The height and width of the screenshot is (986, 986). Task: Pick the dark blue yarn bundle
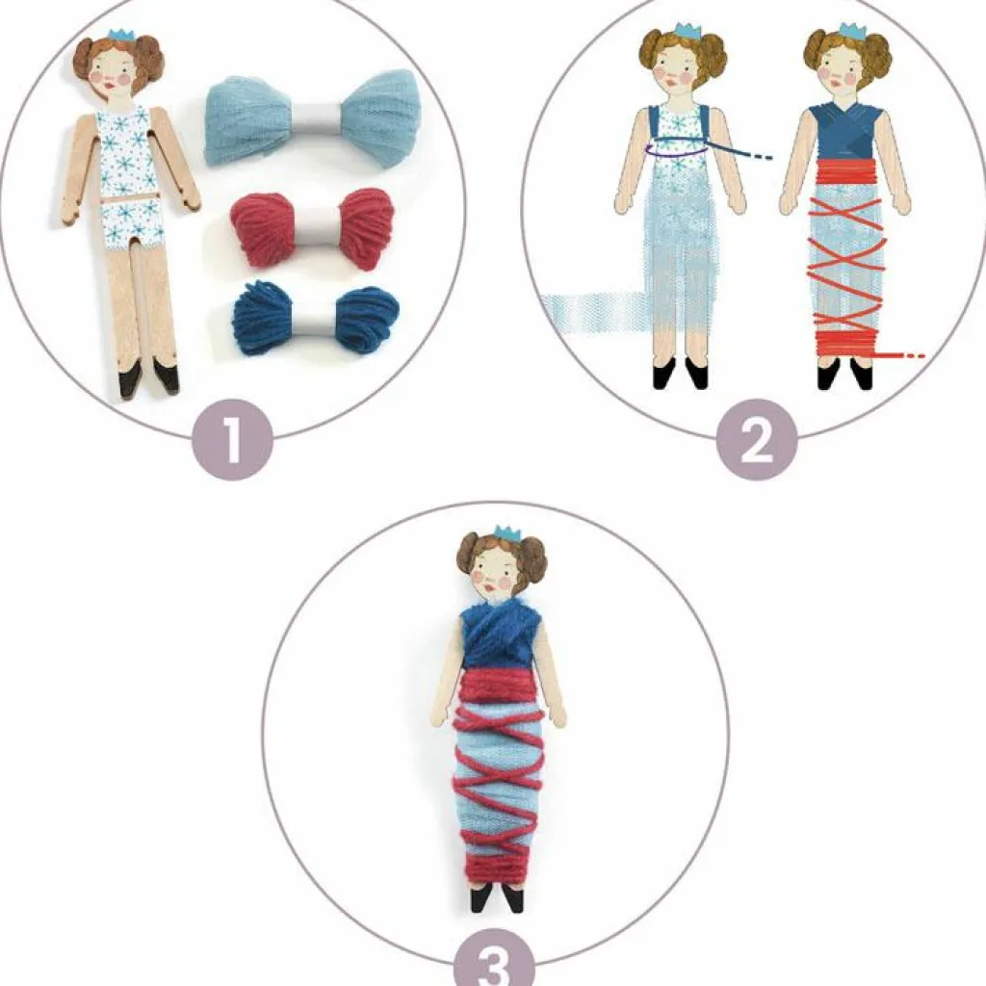[x=315, y=318]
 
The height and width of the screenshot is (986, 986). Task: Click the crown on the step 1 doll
[x=121, y=36]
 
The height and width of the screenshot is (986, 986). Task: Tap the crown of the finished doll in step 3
[x=506, y=532]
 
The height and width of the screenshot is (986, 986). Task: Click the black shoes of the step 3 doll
[x=499, y=897]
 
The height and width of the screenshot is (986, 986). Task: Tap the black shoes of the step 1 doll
[x=147, y=377]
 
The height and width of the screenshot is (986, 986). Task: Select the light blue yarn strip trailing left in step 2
[x=587, y=310]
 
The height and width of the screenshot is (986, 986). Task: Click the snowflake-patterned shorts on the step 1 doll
[x=136, y=221]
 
